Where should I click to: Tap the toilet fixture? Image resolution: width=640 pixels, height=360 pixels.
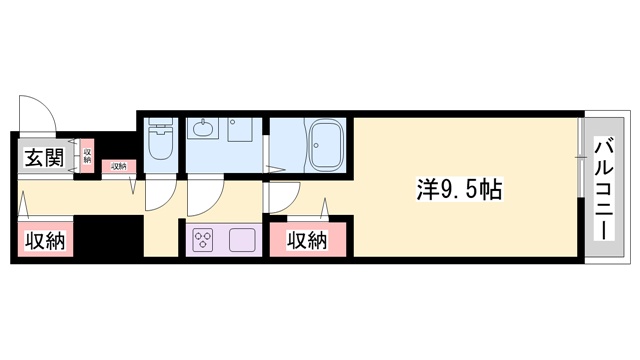click(160, 146)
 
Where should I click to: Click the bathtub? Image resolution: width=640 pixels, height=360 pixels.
click(325, 146)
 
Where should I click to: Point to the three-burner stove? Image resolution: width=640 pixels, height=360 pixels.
click(204, 240)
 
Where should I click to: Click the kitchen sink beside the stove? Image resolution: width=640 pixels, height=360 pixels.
click(243, 240)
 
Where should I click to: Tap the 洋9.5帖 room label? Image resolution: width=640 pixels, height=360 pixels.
click(458, 187)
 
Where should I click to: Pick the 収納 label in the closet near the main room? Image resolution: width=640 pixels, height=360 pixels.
click(307, 240)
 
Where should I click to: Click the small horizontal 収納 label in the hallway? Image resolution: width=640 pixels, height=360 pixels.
click(118, 166)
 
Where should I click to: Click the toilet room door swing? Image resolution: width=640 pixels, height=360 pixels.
click(158, 193)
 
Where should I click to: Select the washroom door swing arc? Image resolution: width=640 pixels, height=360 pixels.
click(204, 196)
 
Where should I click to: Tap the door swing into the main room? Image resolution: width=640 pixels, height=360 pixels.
click(283, 197)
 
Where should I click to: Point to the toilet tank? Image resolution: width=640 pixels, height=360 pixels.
click(160, 127)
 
